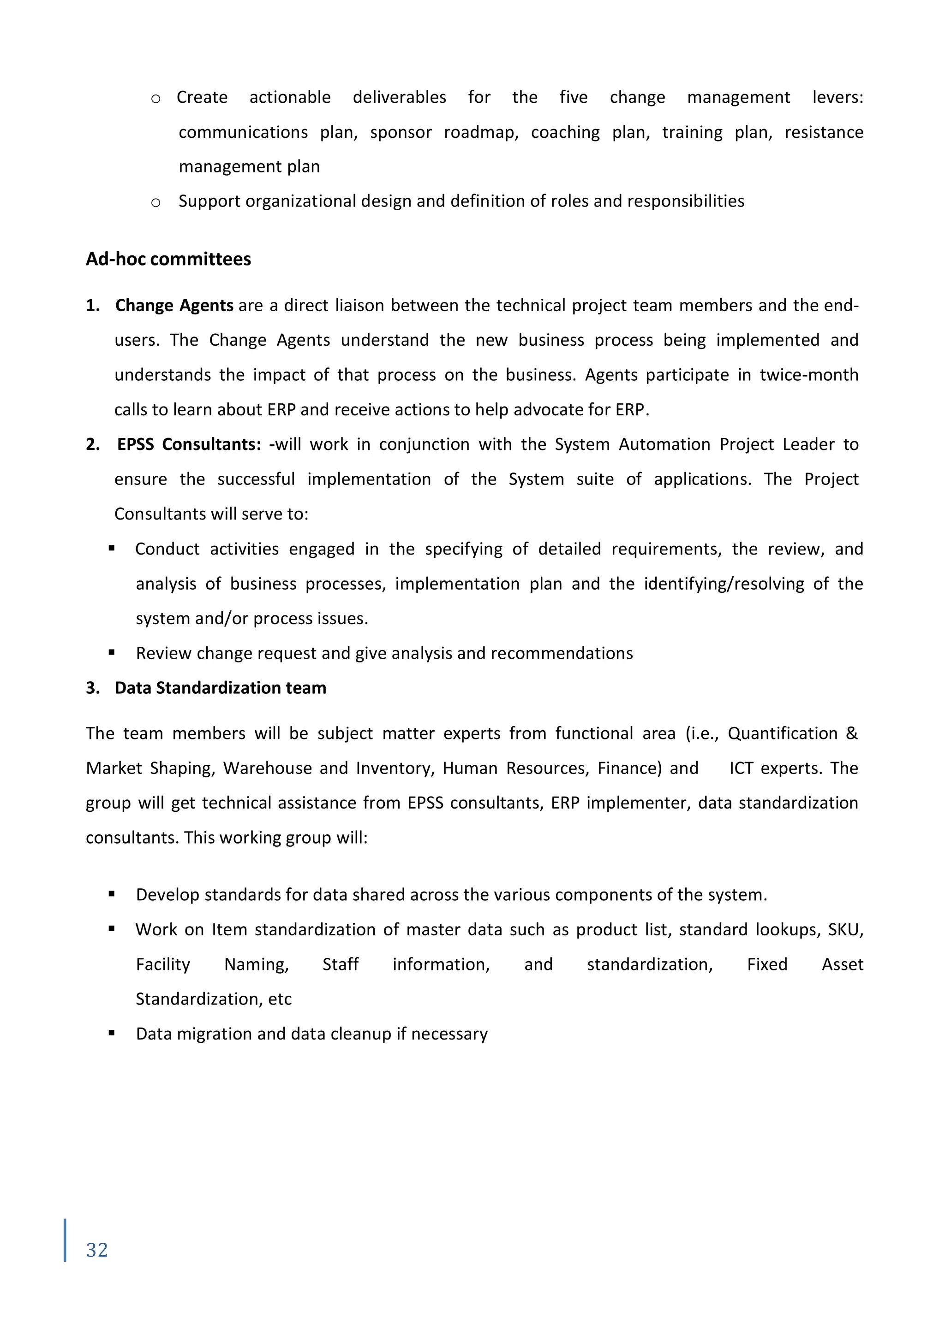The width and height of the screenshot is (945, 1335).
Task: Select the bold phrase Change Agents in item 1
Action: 174,305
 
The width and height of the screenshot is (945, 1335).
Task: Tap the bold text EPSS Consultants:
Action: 189,444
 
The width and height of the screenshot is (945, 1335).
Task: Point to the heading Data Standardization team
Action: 220,688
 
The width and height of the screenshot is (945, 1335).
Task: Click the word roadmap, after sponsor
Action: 481,133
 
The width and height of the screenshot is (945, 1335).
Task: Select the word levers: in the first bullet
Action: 837,97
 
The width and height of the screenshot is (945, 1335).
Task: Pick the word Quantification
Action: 782,734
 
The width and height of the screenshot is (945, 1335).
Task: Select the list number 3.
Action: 93,688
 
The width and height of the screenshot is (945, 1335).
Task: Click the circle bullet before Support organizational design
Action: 156,202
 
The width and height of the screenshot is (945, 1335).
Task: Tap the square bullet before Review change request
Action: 111,652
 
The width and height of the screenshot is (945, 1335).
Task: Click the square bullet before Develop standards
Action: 111,894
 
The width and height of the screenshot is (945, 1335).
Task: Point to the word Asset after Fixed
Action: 842,965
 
